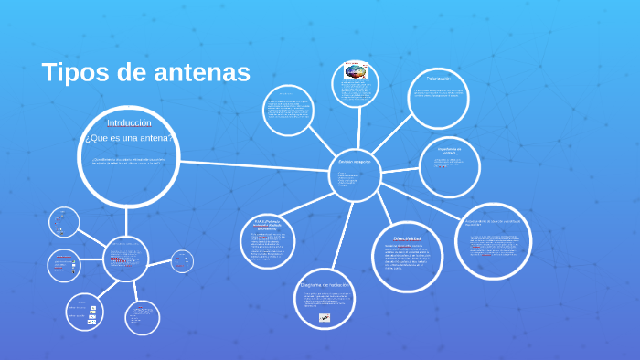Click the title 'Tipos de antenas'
[x=145, y=73]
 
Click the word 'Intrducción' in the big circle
[x=129, y=122]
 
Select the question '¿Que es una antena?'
[x=129, y=138]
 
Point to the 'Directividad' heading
[x=401, y=238]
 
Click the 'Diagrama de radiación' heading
[x=325, y=285]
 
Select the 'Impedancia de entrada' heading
[x=450, y=150]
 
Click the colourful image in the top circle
[x=355, y=70]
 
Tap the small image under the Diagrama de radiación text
[x=325, y=318]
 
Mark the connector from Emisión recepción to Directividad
[x=379, y=200]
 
